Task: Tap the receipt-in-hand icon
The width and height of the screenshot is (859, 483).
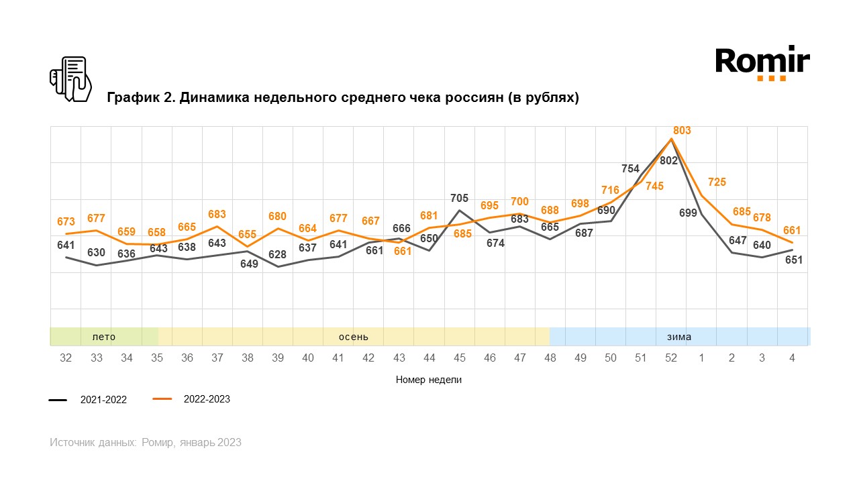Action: pyautogui.click(x=70, y=79)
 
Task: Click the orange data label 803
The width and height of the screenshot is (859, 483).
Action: pyautogui.click(x=682, y=131)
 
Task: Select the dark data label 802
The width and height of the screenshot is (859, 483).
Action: pyautogui.click(x=668, y=161)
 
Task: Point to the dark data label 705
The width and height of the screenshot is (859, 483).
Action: pyautogui.click(x=459, y=198)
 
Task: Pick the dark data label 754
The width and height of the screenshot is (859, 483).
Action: pyautogui.click(x=630, y=168)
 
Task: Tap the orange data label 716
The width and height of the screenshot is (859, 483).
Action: pyautogui.click(x=610, y=191)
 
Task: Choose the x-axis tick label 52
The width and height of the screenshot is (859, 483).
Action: pyautogui.click(x=671, y=358)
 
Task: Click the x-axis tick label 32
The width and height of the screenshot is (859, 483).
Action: pyautogui.click(x=66, y=358)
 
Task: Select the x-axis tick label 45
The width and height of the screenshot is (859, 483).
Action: pyautogui.click(x=459, y=358)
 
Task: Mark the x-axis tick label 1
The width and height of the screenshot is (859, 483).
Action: pyautogui.click(x=701, y=358)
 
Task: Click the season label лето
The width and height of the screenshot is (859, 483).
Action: pyautogui.click(x=104, y=337)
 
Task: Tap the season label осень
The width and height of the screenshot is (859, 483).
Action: pyautogui.click(x=354, y=337)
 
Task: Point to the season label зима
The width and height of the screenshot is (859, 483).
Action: pyautogui.click(x=679, y=337)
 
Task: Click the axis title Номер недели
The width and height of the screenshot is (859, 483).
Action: pyautogui.click(x=429, y=380)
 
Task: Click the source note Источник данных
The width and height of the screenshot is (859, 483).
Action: pyautogui.click(x=93, y=443)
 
